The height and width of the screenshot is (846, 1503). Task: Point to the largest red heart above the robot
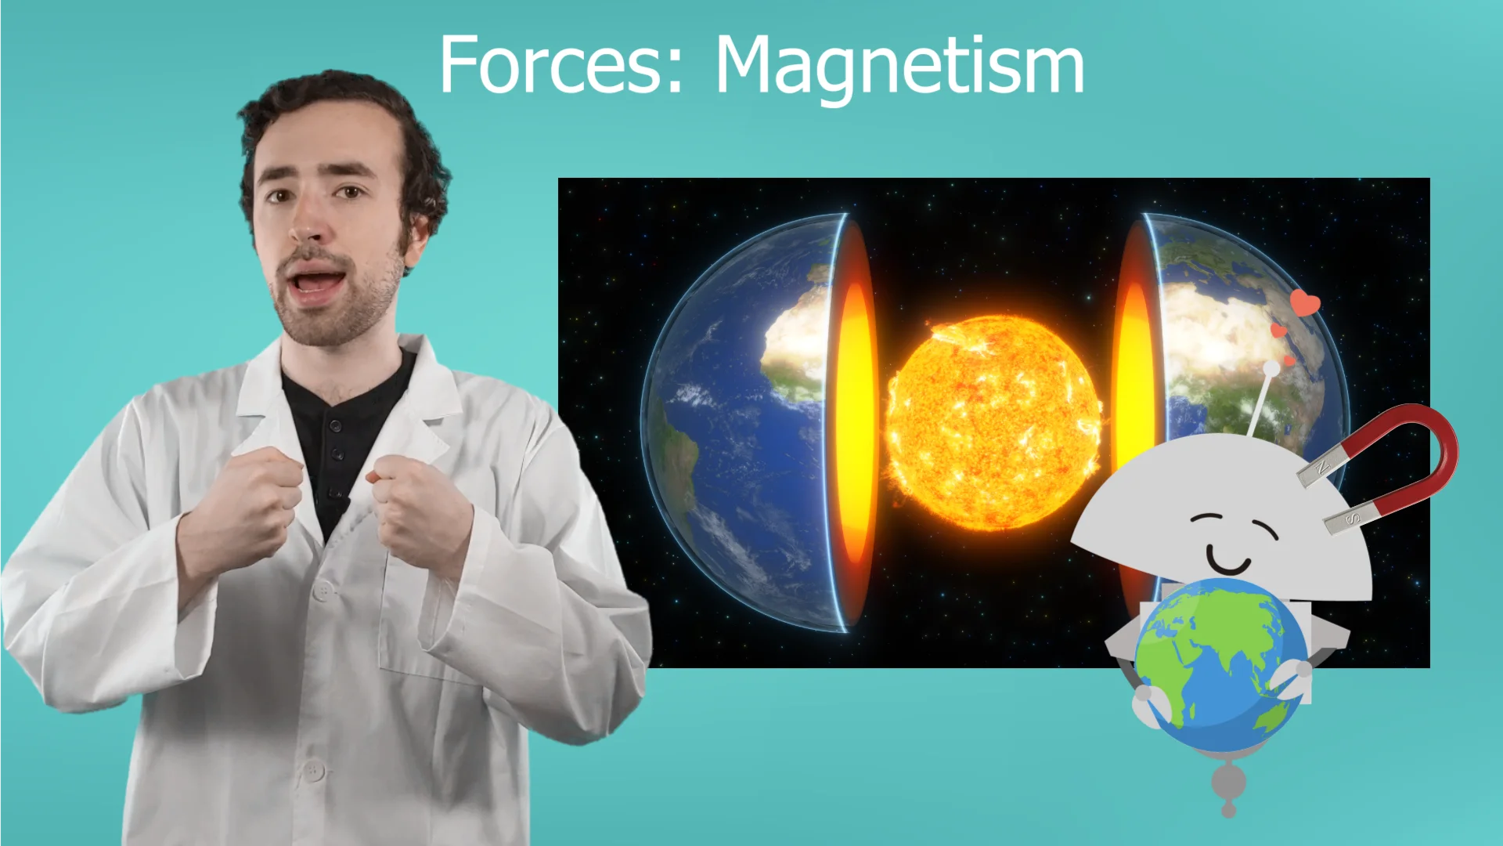(x=1305, y=302)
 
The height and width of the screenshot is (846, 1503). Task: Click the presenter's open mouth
(x=315, y=282)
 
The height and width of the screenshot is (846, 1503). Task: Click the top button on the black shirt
(x=336, y=426)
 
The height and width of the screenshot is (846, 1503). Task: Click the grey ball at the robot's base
(x=1228, y=782)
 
